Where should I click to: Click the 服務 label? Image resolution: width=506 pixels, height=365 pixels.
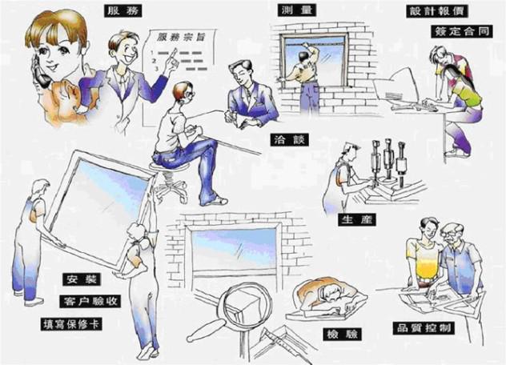123,11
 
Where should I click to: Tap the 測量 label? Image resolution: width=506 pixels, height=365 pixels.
296,10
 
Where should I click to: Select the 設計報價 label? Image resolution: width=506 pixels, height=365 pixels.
437,11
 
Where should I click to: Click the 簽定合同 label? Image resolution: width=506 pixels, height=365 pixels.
462,31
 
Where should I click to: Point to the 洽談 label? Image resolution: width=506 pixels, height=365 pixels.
290,140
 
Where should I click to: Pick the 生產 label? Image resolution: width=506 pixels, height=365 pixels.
357,219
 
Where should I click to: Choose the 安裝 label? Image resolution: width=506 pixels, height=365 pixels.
82,279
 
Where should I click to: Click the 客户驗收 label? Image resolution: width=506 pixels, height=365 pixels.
90,302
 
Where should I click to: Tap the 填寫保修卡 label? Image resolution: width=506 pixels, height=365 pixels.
71,324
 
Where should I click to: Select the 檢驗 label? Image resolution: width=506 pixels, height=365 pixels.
342,334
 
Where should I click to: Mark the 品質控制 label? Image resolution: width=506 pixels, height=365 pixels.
424,328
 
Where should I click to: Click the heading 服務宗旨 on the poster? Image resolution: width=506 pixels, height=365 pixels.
181,37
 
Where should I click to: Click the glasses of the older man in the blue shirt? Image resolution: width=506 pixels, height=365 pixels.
449,235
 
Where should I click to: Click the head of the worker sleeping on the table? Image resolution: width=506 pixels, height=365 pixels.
331,295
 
